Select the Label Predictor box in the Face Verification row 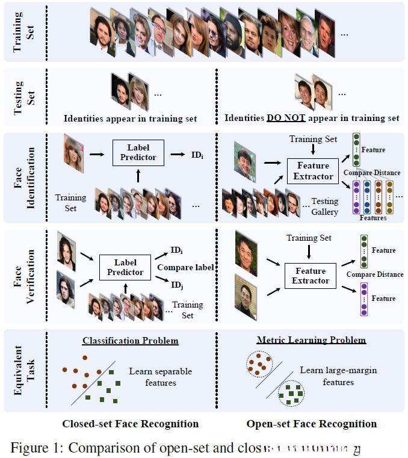click(126, 267)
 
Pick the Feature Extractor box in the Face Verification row click(311, 276)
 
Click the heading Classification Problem click(131, 341)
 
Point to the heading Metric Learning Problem click(311, 340)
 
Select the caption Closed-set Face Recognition click(130, 424)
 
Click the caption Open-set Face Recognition click(311, 424)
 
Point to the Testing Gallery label click(324, 206)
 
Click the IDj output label click(177, 283)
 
